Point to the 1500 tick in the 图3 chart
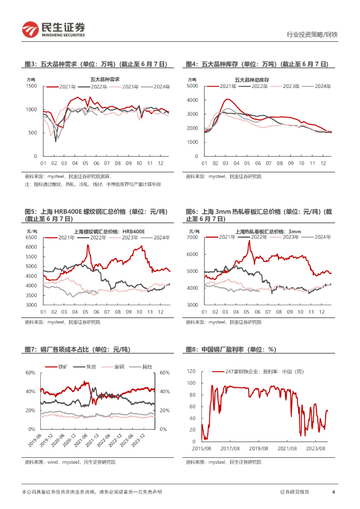pyautogui.click(x=32, y=86)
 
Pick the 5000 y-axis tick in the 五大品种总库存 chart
pyautogui.click(x=192, y=86)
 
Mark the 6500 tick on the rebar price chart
pyautogui.click(x=32, y=238)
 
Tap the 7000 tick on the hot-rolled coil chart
pyautogui.click(x=192, y=238)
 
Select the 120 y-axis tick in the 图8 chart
pyautogui.click(x=192, y=371)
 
